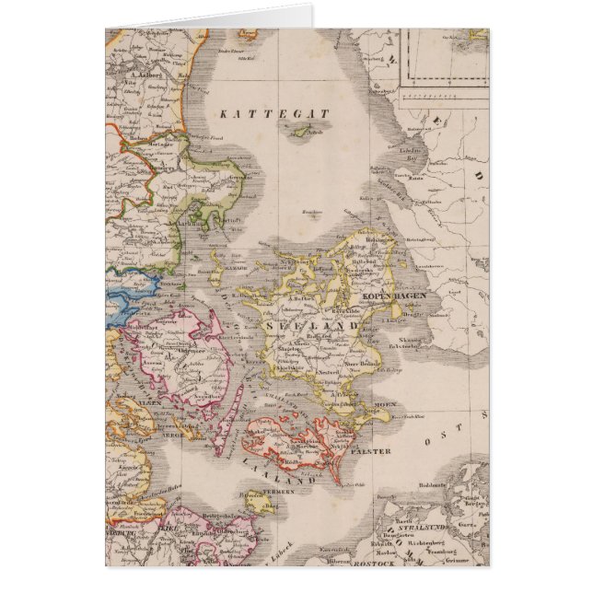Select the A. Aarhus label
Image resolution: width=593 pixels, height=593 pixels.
(x=184, y=223)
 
